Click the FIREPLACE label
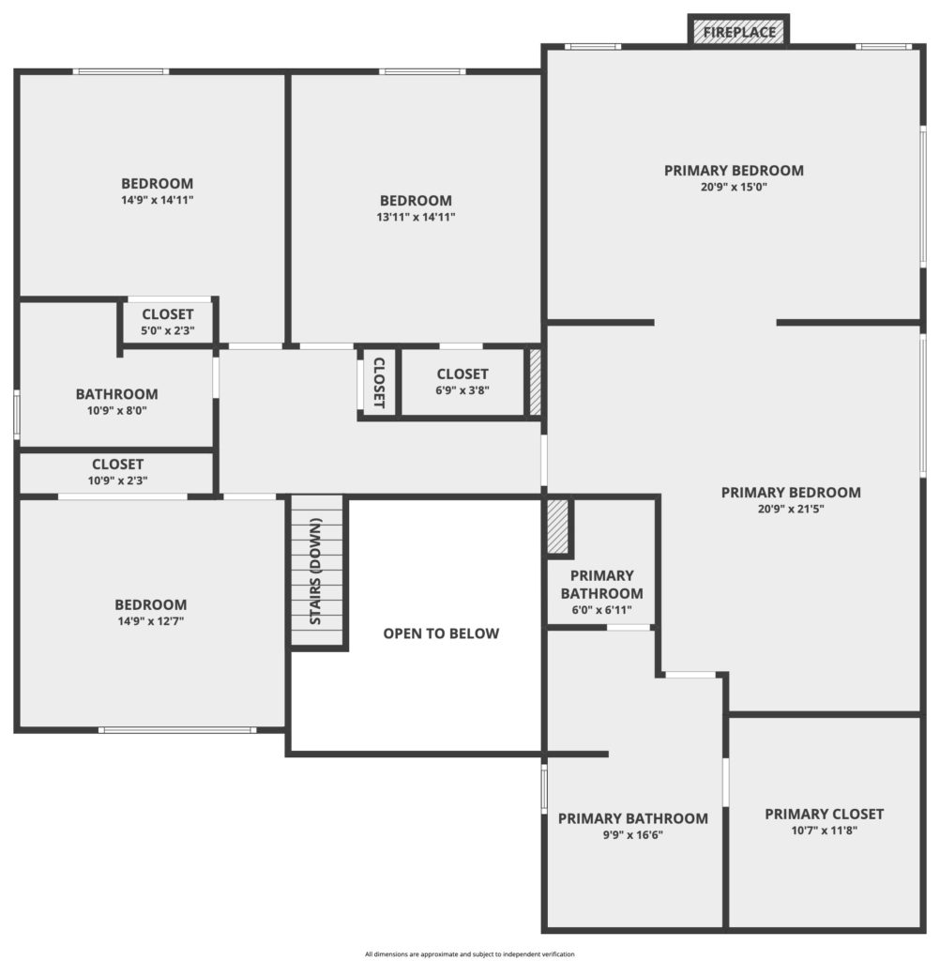click(x=739, y=33)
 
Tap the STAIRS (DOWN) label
click(x=315, y=572)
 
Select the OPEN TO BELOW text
click(x=441, y=633)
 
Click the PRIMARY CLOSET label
click(x=825, y=814)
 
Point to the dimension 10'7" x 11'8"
click(x=825, y=831)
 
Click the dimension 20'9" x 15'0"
click(x=735, y=187)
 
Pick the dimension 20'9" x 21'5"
click(x=791, y=509)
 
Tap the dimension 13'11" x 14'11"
click(x=417, y=217)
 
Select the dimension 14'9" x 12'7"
click(x=151, y=621)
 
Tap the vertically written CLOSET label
click(x=379, y=383)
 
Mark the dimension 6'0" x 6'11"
click(x=601, y=610)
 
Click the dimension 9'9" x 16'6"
click(x=633, y=834)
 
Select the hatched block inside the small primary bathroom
click(x=557, y=527)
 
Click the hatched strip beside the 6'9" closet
click(x=535, y=382)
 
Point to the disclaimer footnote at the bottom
click(x=470, y=954)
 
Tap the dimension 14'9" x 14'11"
click(x=158, y=200)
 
